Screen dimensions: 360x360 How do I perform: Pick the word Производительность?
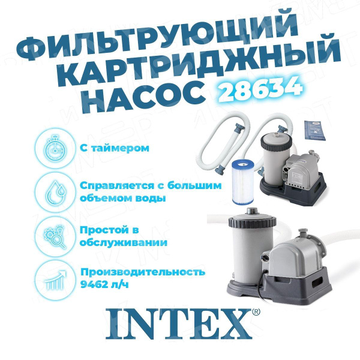142,272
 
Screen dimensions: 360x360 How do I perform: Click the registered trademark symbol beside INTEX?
256,313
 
